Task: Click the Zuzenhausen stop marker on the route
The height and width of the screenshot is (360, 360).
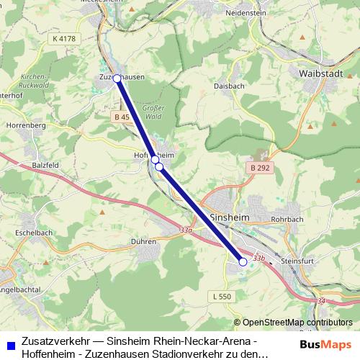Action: point(117,78)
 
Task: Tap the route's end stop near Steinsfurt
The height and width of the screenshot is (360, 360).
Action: point(243,262)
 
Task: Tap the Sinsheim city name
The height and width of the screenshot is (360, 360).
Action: point(228,216)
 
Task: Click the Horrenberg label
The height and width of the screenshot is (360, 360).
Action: point(25,125)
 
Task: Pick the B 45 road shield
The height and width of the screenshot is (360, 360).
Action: point(121,117)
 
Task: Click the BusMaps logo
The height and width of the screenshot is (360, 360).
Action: point(325,344)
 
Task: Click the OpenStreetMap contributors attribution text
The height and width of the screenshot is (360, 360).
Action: point(297,323)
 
